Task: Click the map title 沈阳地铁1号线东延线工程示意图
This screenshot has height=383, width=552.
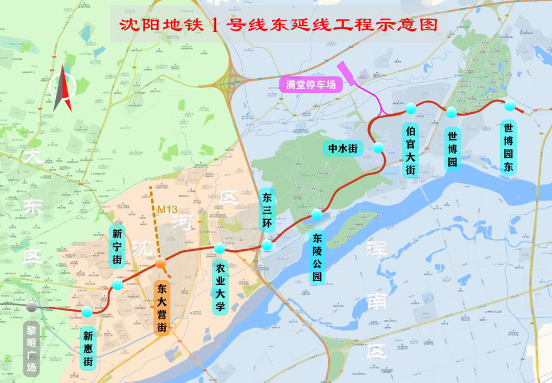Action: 277,26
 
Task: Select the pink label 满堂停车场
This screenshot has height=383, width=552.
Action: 311,85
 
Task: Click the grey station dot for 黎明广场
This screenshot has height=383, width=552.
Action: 32,306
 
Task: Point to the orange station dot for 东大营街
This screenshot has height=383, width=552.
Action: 161,263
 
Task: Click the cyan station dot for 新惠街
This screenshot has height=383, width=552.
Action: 87,312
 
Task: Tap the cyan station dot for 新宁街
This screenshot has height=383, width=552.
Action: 118,285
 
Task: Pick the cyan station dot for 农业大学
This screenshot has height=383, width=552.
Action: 219,248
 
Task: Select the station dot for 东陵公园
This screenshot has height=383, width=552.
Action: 317,214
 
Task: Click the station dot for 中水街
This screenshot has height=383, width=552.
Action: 378,147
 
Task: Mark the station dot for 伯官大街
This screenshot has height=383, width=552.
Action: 411,108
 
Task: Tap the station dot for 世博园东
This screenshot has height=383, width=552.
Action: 510,106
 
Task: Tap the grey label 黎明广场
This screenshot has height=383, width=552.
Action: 32,348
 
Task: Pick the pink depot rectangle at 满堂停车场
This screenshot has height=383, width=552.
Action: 347,74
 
